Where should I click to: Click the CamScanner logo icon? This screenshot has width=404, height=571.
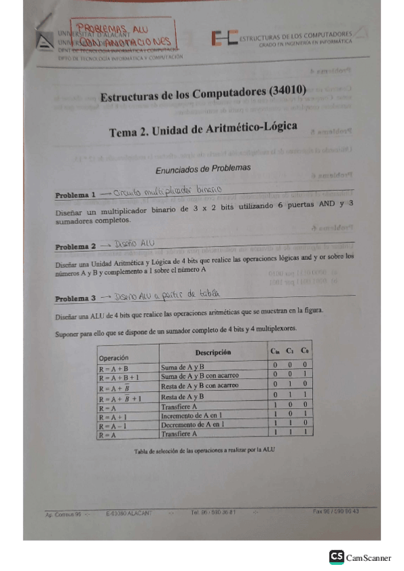pyautogui.click(x=336, y=557)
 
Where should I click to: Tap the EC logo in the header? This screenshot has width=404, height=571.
pyautogui.click(x=223, y=38)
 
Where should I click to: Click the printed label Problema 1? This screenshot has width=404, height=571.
pyautogui.click(x=76, y=195)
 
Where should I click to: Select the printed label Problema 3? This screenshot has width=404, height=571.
pyautogui.click(x=76, y=298)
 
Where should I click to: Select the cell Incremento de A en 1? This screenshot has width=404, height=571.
pyautogui.click(x=196, y=416)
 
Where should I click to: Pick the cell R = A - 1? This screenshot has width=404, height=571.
pyautogui.click(x=113, y=426)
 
